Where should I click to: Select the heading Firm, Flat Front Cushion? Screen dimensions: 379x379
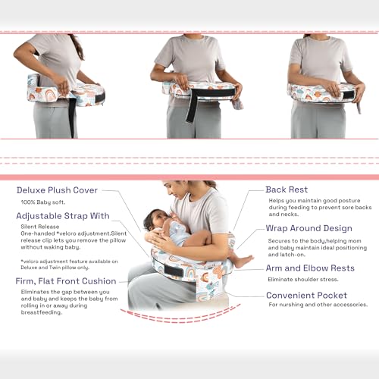[x=67, y=281]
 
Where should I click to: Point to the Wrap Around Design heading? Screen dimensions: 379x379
[x=309, y=228]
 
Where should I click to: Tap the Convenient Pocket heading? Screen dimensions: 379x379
[x=307, y=295]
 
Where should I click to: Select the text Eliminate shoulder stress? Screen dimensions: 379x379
[x=302, y=279]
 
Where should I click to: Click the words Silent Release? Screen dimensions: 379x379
[x=39, y=227]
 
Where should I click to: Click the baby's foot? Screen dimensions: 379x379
[x=241, y=262]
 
